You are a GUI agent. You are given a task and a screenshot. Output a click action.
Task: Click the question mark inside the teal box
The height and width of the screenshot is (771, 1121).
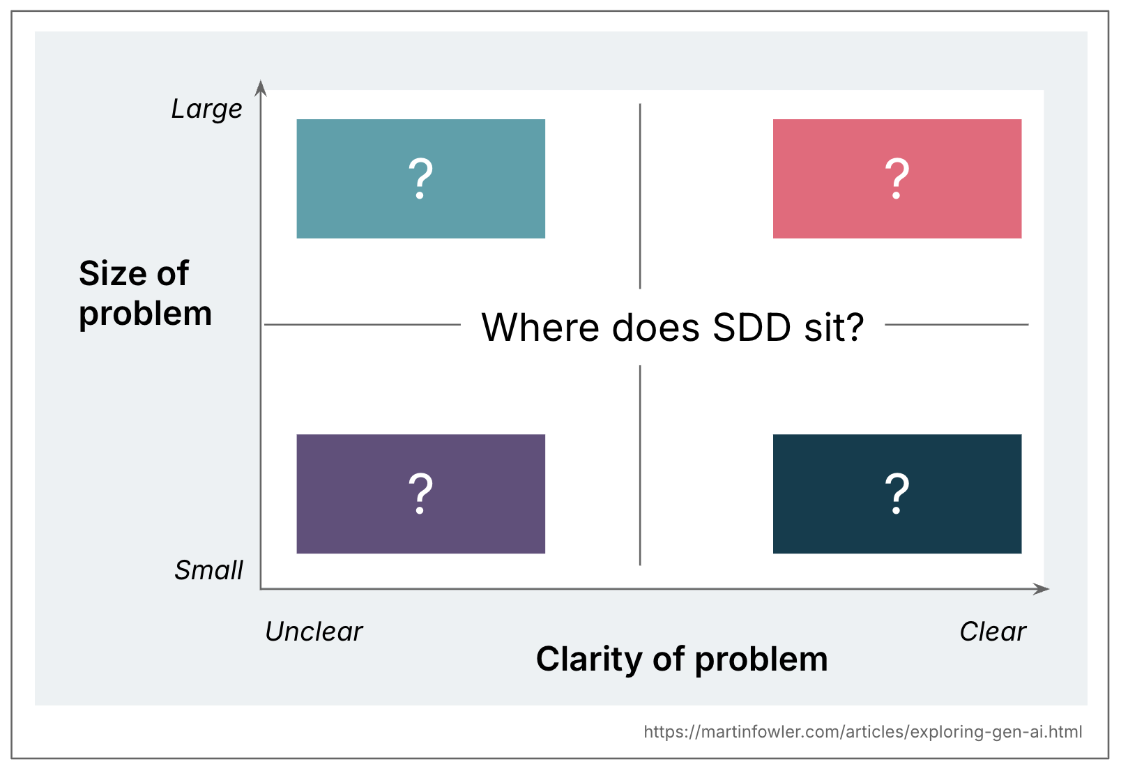click(x=420, y=178)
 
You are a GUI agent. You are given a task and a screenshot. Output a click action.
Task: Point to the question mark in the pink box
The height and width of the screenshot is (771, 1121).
click(x=897, y=178)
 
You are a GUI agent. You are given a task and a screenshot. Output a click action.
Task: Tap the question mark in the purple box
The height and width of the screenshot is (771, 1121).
click(x=420, y=494)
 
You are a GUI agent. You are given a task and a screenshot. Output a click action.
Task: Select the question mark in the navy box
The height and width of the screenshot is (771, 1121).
click(x=897, y=494)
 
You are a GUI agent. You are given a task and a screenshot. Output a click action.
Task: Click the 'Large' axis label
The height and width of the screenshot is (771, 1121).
click(x=206, y=109)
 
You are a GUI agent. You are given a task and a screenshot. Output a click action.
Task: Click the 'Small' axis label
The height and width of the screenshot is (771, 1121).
click(x=208, y=570)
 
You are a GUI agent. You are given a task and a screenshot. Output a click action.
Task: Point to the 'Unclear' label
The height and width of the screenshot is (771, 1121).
click(x=314, y=632)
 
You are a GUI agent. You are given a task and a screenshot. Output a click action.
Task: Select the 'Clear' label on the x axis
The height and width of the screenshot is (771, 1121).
click(x=992, y=632)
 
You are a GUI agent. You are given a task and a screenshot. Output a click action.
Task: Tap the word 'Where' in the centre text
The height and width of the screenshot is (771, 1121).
click(x=540, y=327)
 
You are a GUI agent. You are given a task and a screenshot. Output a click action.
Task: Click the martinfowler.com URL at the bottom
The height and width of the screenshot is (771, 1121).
click(x=862, y=731)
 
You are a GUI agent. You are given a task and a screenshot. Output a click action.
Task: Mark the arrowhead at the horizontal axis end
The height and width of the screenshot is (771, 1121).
click(x=1043, y=589)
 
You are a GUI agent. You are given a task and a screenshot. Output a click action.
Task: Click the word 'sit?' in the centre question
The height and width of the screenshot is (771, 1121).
click(x=834, y=327)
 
